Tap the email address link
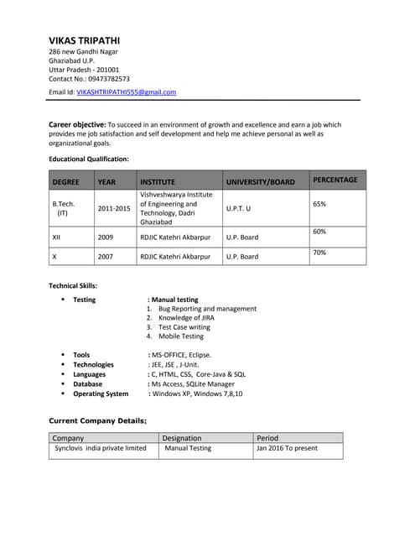click(x=126, y=91)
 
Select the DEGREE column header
click(x=66, y=181)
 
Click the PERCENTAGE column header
click(x=335, y=180)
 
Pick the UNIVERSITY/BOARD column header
click(x=260, y=181)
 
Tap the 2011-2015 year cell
click(x=114, y=208)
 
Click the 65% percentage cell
click(x=319, y=204)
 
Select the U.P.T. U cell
click(x=238, y=208)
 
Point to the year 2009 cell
click(x=106, y=237)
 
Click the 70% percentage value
click(x=319, y=252)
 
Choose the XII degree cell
click(x=58, y=237)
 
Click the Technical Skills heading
click(x=73, y=286)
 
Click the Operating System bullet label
click(x=101, y=394)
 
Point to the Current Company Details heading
click(x=97, y=420)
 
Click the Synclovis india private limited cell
click(x=100, y=448)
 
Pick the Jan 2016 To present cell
click(x=287, y=448)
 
